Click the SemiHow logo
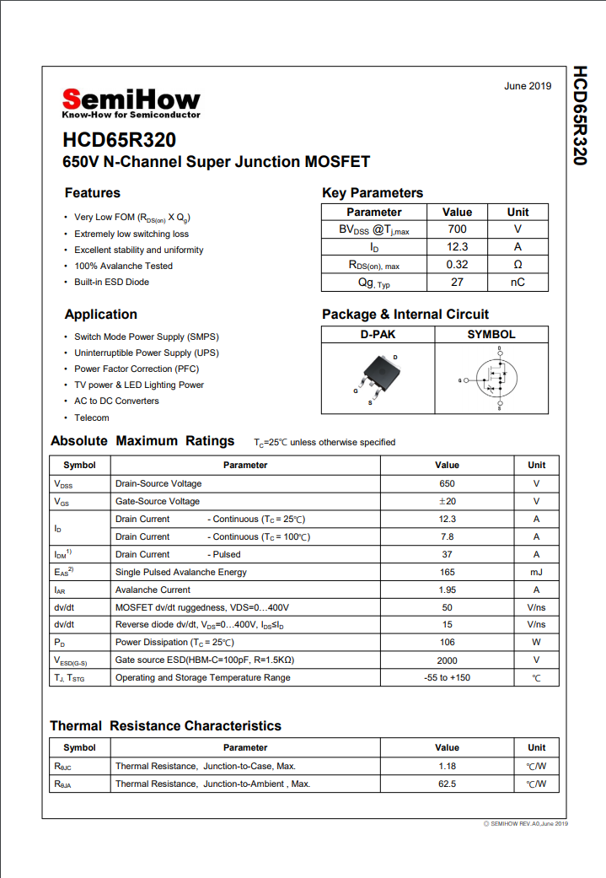131,102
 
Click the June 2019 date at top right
527,86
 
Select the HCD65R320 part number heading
119,140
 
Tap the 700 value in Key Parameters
457,229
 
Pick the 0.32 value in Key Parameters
457,265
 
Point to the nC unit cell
518,283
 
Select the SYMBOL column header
491,335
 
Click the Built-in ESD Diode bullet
111,282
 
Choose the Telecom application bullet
91,417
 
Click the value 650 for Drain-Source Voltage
447,484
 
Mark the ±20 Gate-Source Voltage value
447,502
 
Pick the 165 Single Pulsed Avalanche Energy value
447,573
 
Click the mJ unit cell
536,573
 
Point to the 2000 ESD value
447,661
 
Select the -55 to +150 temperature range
447,678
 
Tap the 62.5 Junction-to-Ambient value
447,784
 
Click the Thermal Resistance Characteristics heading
165,726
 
